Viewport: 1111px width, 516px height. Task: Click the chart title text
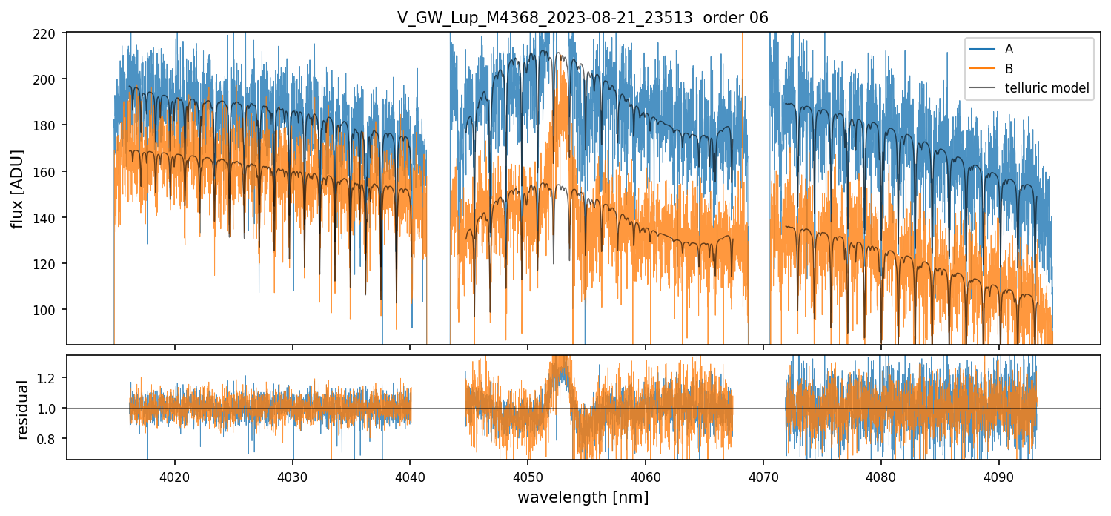point(583,18)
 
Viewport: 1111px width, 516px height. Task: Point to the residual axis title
point(22,408)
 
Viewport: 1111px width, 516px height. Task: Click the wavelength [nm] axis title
point(583,497)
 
